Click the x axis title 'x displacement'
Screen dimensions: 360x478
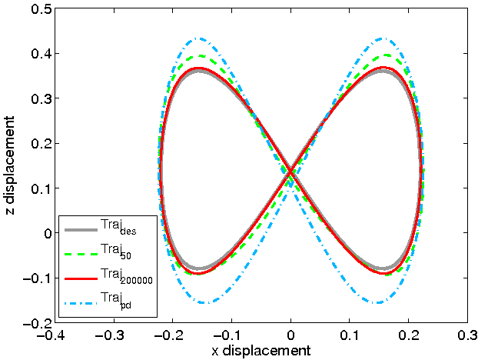coord(261,351)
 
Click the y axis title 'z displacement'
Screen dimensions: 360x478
coord(10,165)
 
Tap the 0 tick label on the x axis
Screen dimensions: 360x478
coord(290,335)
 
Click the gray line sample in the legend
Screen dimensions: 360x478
coord(80,229)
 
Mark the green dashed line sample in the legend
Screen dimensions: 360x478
coord(80,253)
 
